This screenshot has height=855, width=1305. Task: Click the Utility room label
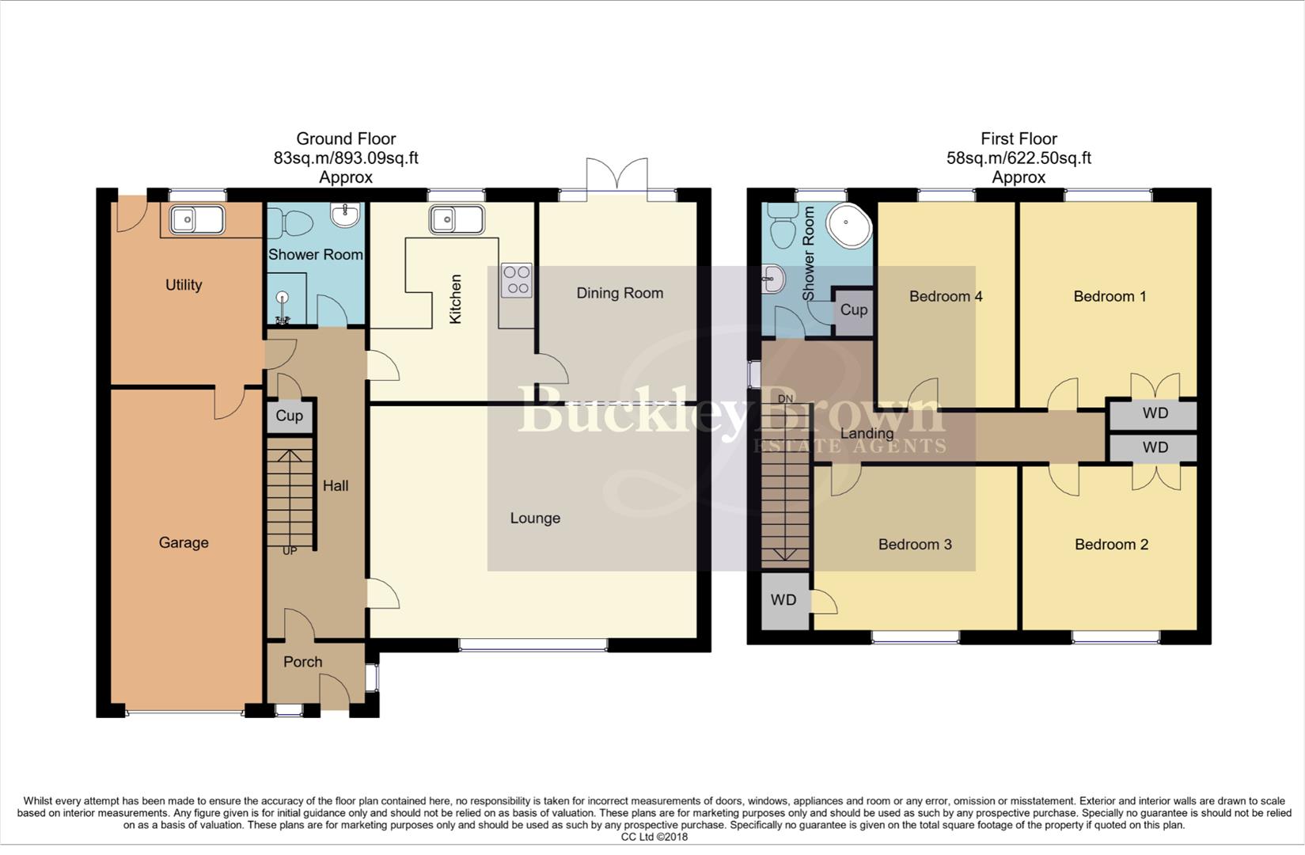coord(184,285)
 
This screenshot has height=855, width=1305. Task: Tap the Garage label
coord(184,542)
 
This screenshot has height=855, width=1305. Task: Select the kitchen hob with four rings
coord(518,280)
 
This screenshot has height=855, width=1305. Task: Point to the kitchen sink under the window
coord(457,219)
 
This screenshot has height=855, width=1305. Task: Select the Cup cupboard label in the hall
coord(289,416)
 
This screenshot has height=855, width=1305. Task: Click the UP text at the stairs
coord(290,550)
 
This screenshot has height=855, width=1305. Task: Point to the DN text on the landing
coord(785,398)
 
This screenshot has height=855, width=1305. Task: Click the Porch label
coord(302,662)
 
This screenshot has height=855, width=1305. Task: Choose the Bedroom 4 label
coord(946,296)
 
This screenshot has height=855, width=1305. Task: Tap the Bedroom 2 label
coord(1111,544)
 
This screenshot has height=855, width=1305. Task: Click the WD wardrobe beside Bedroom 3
coord(783,600)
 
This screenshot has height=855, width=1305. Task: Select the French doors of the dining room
coord(617,176)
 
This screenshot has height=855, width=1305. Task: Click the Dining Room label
coord(620,293)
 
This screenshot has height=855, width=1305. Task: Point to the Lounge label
coord(535,518)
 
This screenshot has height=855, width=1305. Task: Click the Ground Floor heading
coord(346,139)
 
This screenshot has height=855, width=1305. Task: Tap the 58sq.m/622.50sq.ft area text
coord(1019,158)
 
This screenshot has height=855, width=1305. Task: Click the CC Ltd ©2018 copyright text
coord(654,837)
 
